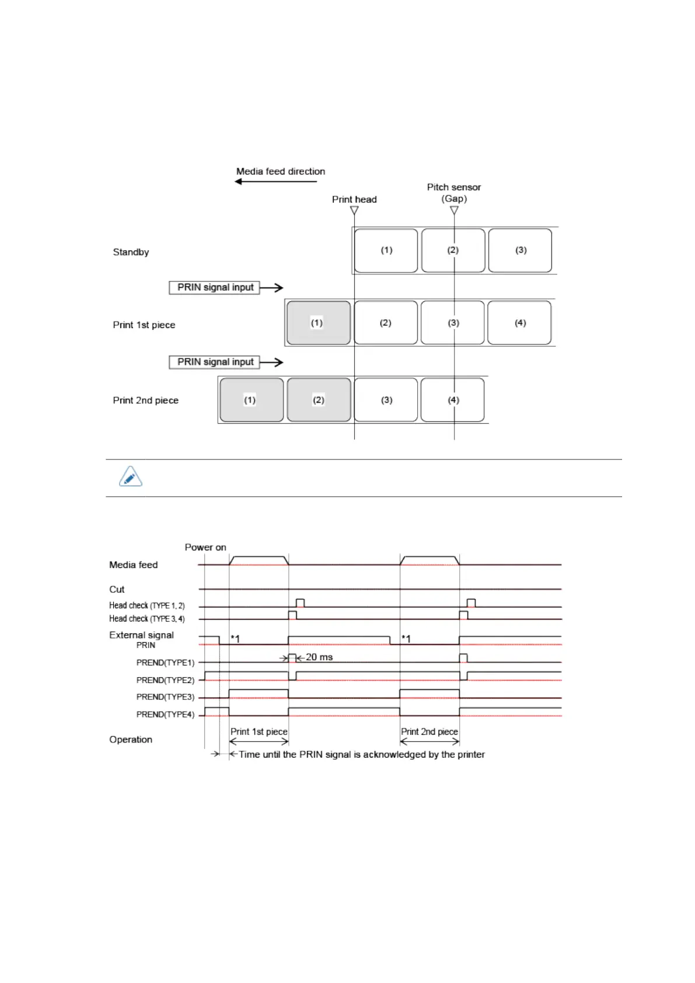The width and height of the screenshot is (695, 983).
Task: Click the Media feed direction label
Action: [x=280, y=171]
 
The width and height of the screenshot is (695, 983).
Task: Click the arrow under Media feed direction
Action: [x=275, y=182]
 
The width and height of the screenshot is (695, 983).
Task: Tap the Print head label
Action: [x=354, y=199]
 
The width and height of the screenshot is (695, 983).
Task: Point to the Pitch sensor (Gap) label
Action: [x=453, y=193]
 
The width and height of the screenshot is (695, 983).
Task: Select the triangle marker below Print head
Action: [x=354, y=210]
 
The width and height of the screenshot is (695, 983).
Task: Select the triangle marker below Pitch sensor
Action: [x=454, y=210]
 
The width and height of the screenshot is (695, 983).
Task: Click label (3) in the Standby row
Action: [x=520, y=250]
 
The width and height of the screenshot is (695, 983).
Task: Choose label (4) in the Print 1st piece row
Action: [x=519, y=323]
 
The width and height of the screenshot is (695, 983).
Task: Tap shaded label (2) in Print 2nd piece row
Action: [x=319, y=400]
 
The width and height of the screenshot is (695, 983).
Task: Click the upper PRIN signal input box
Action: [x=215, y=287]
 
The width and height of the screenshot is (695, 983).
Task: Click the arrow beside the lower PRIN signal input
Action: [x=271, y=362]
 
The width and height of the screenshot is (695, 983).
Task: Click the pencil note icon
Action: [x=131, y=477]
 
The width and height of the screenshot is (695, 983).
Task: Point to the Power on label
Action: [x=205, y=547]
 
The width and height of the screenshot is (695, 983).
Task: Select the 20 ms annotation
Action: [x=319, y=657]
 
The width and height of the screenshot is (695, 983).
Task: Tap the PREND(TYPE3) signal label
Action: [x=165, y=697]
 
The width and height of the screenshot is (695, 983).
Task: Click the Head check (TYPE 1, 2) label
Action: [x=147, y=605]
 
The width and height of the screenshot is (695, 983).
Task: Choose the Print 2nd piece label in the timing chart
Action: [x=429, y=731]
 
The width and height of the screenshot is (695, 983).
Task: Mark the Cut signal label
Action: [x=117, y=589]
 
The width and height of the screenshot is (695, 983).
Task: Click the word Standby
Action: [x=131, y=252]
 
